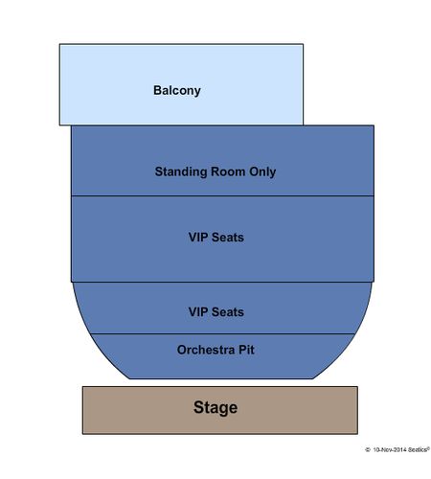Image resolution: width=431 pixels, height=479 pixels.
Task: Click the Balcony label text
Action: (177, 91)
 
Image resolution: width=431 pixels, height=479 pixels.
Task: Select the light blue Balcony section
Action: (181, 84)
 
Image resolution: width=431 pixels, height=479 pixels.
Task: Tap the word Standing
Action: (181, 172)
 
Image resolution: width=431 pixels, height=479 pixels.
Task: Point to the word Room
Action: (228, 171)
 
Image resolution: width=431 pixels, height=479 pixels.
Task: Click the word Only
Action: (262, 172)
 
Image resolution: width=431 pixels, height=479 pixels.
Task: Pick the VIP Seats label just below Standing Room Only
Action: (216, 238)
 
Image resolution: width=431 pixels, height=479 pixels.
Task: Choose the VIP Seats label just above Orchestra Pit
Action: (216, 312)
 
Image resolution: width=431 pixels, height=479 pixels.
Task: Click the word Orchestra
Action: (206, 350)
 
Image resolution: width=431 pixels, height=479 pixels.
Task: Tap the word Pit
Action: (246, 350)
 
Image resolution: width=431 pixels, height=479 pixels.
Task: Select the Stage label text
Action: (215, 408)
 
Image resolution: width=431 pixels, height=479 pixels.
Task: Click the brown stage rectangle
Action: (220, 410)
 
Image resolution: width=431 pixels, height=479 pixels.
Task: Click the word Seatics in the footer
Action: (418, 449)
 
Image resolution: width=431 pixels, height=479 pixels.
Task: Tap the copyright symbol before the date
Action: (368, 450)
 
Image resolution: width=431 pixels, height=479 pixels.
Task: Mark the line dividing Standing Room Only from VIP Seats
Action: (222, 195)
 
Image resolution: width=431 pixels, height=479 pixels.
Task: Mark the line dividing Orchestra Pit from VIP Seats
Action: (222, 333)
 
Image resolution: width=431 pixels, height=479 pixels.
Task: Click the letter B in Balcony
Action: (157, 90)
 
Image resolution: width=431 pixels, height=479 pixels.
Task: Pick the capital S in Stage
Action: (198, 407)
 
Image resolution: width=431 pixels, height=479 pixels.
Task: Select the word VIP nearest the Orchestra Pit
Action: (198, 312)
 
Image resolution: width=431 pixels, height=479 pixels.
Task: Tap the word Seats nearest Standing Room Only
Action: (228, 238)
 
